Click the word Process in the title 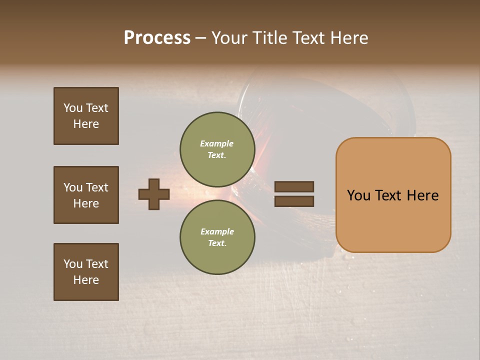(157, 38)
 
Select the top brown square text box (86, 116)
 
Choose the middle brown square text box (86, 195)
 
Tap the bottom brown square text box (86, 272)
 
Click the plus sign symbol (154, 194)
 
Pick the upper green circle (217, 149)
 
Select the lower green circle (217, 237)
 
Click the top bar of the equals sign (294, 187)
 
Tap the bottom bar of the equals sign (294, 201)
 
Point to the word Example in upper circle (217, 143)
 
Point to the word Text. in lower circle (217, 243)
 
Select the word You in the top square (72, 108)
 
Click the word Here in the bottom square (86, 280)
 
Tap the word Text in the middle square (97, 187)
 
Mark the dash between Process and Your (200, 38)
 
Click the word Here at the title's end (350, 38)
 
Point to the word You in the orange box (358, 195)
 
